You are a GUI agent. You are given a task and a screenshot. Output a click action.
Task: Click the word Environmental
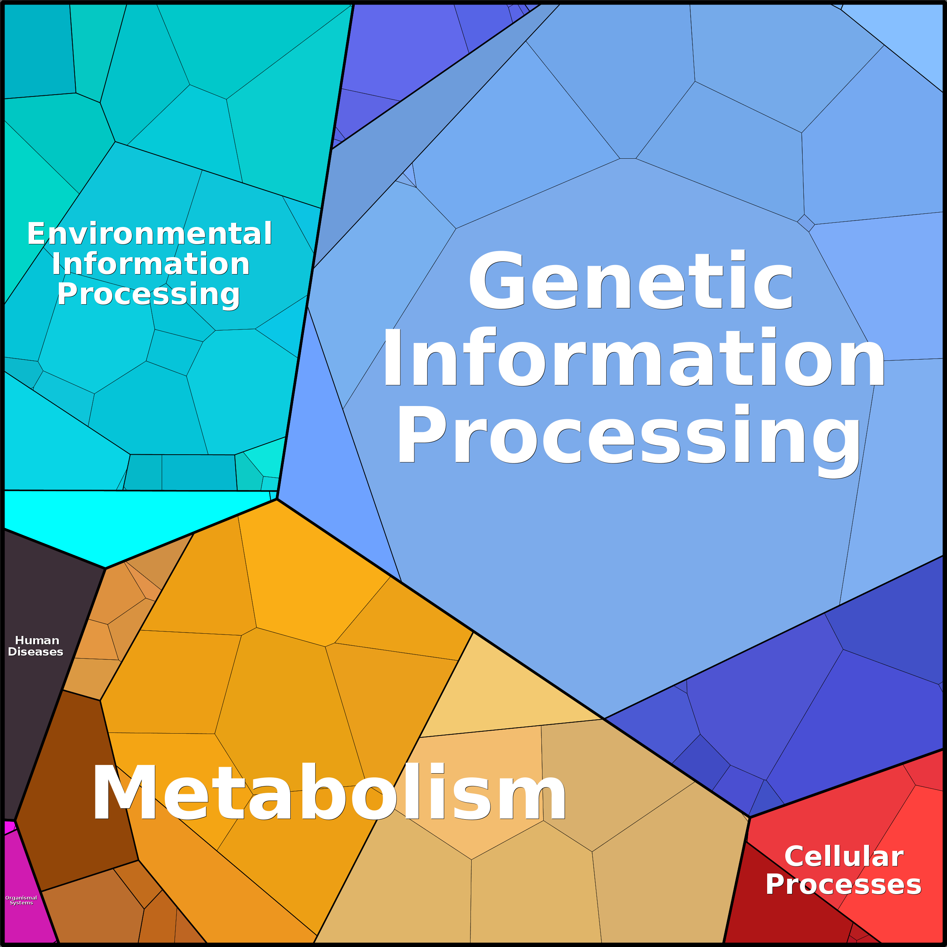click(x=150, y=233)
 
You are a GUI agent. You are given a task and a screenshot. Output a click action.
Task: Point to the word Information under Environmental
click(x=150, y=264)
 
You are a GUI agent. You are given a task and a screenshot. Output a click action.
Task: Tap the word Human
click(x=37, y=640)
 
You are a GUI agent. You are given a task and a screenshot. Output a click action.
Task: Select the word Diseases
click(x=36, y=652)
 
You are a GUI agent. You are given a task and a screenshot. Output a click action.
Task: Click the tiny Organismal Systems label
click(x=21, y=900)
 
